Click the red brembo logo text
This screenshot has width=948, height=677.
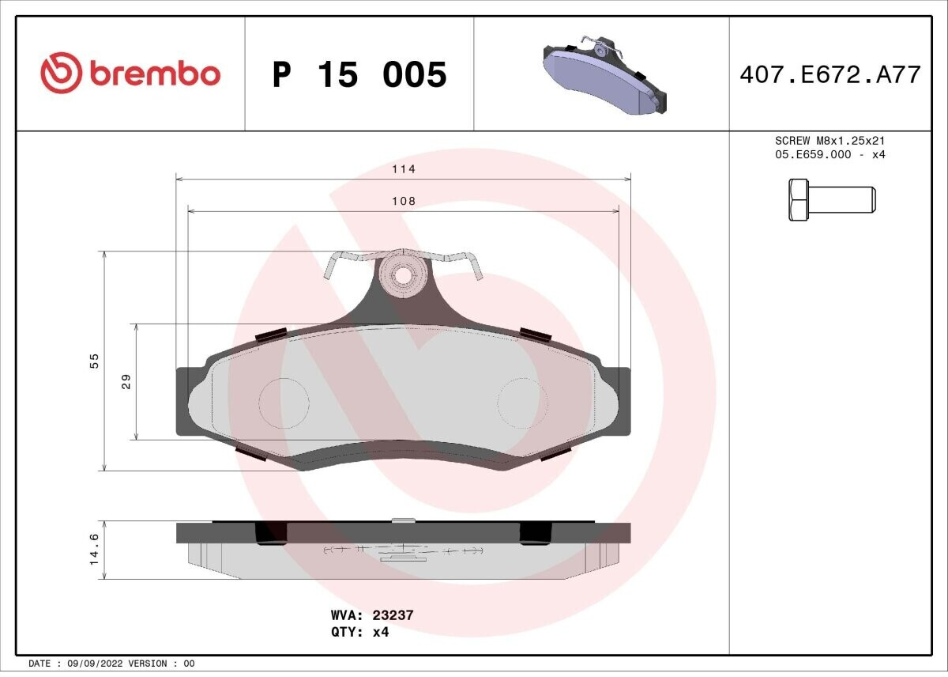pos(155,74)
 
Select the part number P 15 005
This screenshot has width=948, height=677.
pos(359,74)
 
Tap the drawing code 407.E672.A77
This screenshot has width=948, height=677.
pos(830,75)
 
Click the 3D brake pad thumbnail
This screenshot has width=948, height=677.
pos(604,74)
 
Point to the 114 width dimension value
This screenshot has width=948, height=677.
pos(404,169)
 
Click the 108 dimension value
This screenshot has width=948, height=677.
pos(404,201)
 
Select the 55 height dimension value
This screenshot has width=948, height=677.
pos(94,361)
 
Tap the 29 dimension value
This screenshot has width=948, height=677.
pos(126,382)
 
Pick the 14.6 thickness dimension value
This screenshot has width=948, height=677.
pos(94,549)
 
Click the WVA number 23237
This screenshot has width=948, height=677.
pos(393,615)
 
